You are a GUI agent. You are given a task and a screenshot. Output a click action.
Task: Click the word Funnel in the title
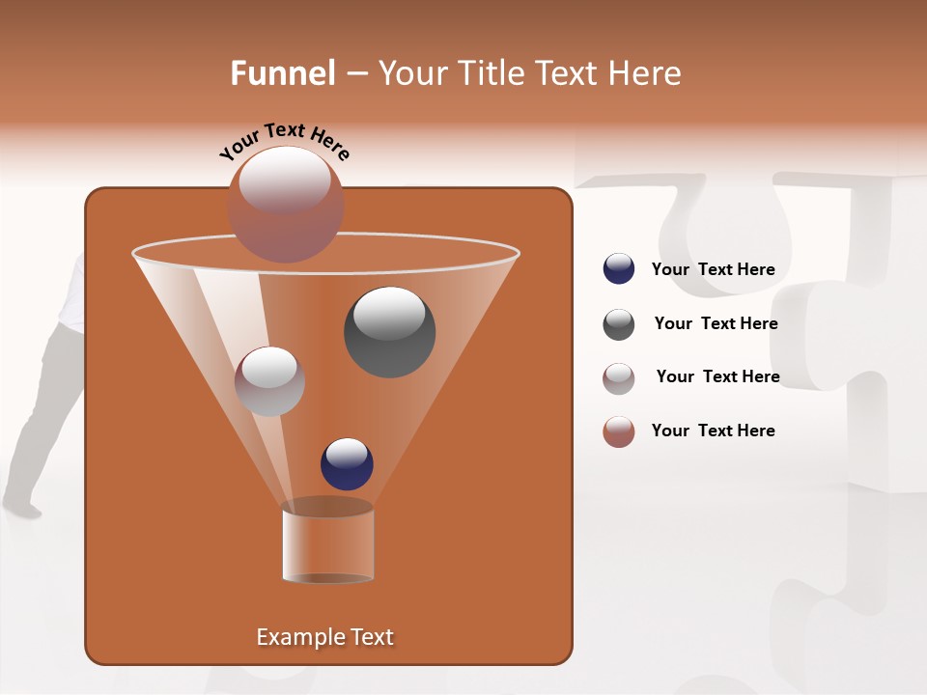tap(283, 73)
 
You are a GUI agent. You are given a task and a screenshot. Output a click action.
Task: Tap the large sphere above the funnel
tap(286, 204)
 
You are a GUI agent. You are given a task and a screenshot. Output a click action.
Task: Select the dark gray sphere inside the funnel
tap(389, 331)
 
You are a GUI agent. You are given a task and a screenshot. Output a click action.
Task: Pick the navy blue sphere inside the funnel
tap(347, 463)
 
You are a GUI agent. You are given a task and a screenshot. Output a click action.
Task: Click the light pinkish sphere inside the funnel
tap(269, 381)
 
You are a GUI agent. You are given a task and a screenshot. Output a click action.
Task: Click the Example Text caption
tap(324, 637)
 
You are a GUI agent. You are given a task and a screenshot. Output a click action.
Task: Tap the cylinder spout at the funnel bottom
tap(327, 542)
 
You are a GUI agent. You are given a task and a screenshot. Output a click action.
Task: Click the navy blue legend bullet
tap(619, 269)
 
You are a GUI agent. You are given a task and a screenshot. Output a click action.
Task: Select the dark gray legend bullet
tap(619, 324)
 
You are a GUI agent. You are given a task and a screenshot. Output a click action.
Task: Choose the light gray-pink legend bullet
tap(619, 378)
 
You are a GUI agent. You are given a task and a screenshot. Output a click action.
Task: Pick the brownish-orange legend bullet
tap(619, 431)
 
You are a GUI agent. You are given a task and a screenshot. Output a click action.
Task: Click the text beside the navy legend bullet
tap(713, 270)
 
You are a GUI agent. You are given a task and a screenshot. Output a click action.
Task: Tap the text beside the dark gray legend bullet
tap(716, 324)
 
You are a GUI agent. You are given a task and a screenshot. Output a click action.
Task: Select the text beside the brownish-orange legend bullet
tap(713, 431)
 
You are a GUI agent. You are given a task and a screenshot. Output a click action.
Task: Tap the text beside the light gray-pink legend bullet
tap(717, 377)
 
